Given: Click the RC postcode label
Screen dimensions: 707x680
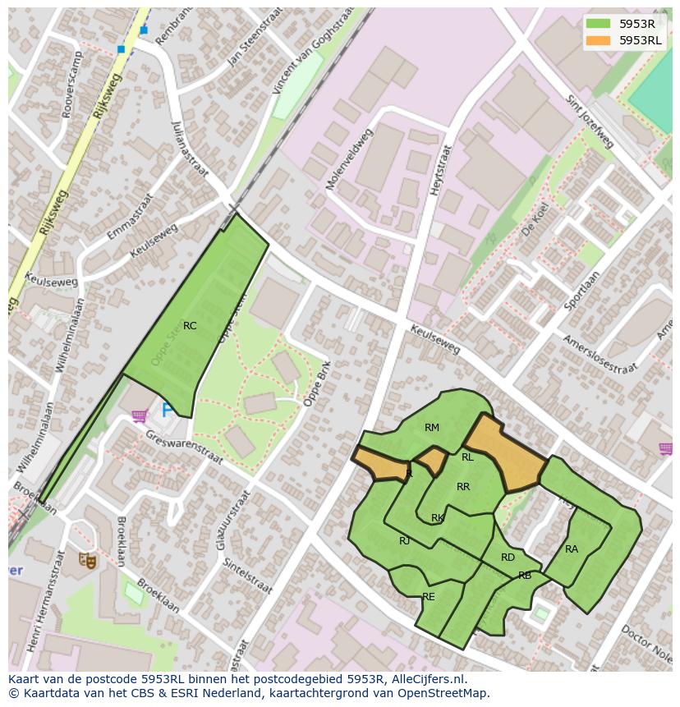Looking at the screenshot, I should coord(190,326).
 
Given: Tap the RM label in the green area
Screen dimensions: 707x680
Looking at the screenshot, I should coord(432,427).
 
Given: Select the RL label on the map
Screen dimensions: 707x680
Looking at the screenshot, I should coord(467,457).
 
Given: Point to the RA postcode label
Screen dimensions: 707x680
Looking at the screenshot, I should coord(572,549).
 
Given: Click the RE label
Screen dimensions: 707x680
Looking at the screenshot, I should coord(429,597).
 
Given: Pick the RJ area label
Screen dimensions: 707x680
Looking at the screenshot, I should coord(404,541).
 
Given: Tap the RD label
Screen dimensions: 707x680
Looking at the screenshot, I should coord(508,558).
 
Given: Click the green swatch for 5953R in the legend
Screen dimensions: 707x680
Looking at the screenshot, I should coord(599,24).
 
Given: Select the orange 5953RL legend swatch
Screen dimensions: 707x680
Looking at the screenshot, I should coord(599,40).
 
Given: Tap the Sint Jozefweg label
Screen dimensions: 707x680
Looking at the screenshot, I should coord(590,122).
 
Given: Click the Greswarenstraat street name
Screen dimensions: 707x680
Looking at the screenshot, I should coord(185,448).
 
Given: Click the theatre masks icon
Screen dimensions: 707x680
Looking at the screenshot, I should coord(88,561).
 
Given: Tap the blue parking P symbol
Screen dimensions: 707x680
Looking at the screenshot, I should coord(168,409).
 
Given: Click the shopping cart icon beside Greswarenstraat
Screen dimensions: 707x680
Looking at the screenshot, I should coord(139,416).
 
